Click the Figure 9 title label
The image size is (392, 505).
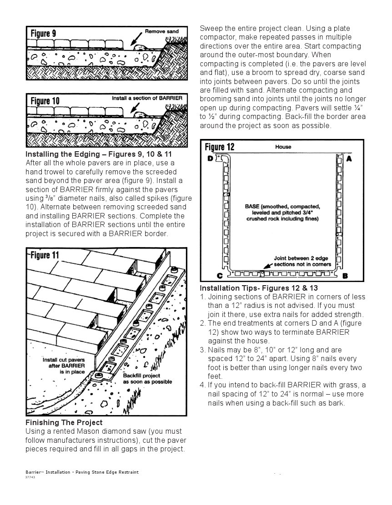pyautogui.click(x=44, y=34)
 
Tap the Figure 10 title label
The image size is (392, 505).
pyautogui.click(x=45, y=100)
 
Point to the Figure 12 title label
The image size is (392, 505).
pyautogui.click(x=220, y=147)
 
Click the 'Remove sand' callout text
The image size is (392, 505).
pyautogui.click(x=161, y=31)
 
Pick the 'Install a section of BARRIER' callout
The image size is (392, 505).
pyautogui.click(x=147, y=98)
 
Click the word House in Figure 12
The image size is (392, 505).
pyautogui.click(x=283, y=147)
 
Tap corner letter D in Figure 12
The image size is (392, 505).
pyautogui.click(x=211, y=158)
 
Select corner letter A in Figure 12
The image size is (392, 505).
pyautogui.click(x=349, y=159)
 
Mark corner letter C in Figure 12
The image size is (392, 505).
pyautogui.click(x=207, y=276)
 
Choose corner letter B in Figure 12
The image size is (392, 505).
pyautogui.click(x=345, y=276)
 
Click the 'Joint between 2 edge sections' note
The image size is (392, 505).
pyautogui.click(x=302, y=261)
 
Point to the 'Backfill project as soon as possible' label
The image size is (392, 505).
pyautogui.click(x=147, y=378)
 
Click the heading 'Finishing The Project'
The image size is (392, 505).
pyautogui.click(x=64, y=422)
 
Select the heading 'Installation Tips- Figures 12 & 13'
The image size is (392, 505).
pyautogui.click(x=259, y=288)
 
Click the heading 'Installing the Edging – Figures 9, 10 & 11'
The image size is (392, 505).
pyautogui.click(x=99, y=154)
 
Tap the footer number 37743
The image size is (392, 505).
pyautogui.click(x=30, y=477)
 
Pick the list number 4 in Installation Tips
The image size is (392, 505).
pyautogui.click(x=202, y=385)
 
